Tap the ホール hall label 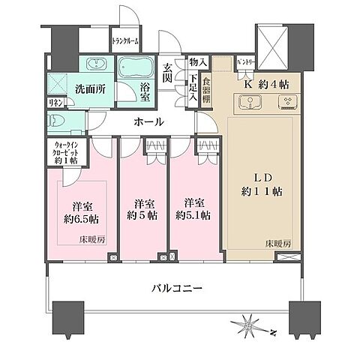149,121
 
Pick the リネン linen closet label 56,102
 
